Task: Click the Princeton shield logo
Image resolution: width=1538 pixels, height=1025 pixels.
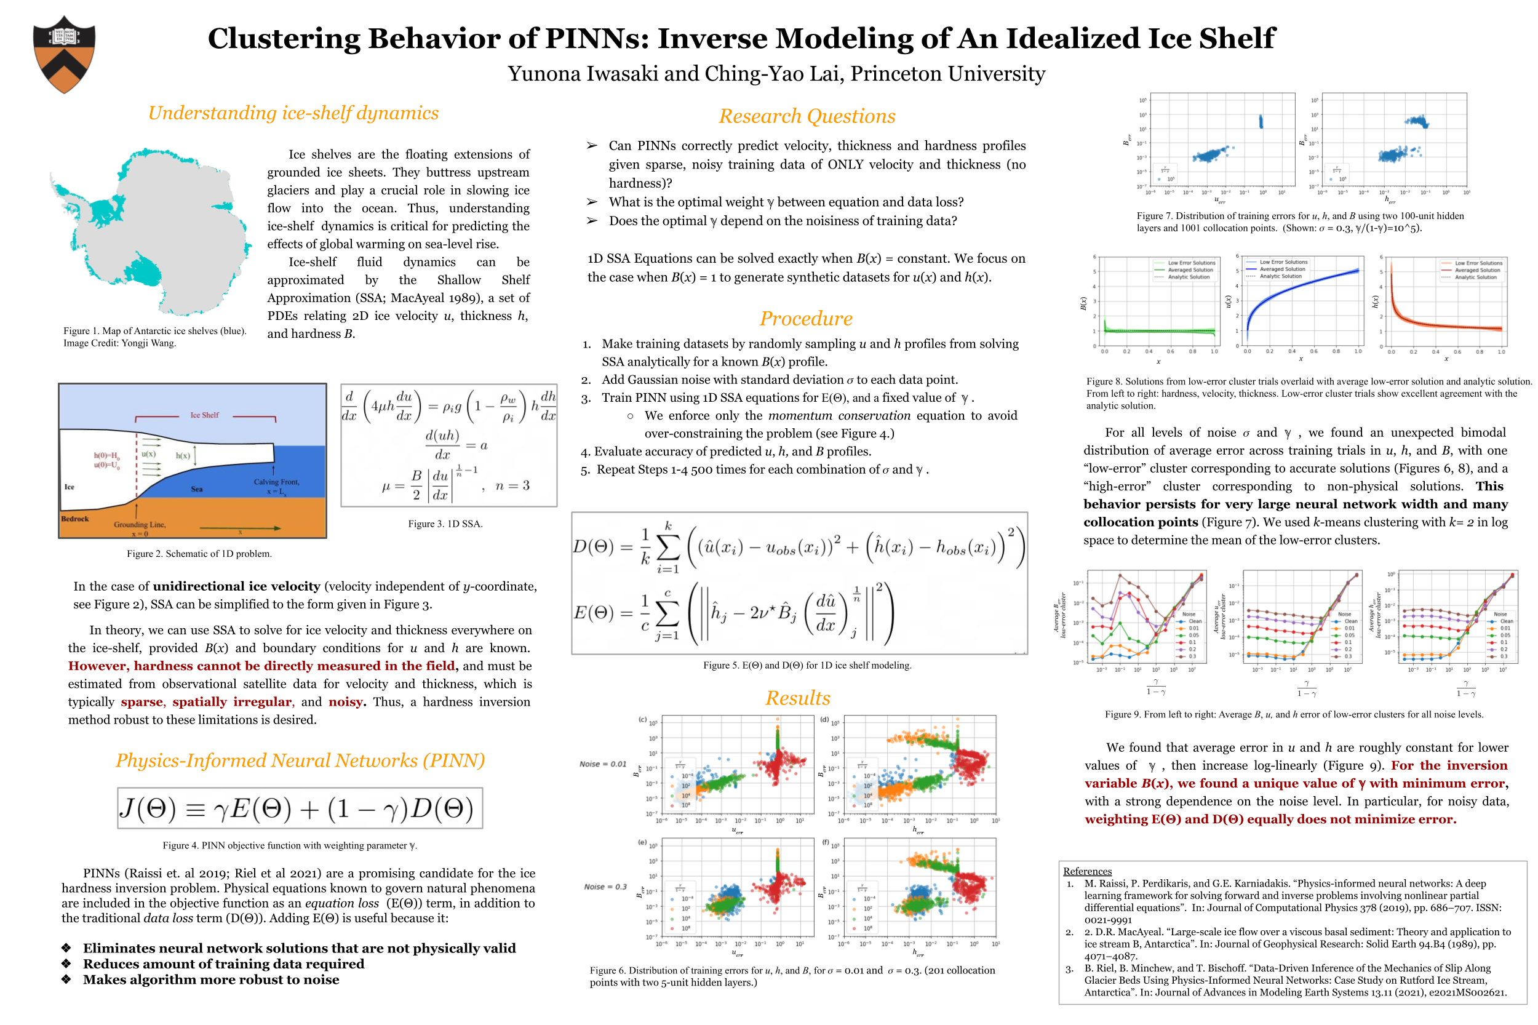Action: (64, 54)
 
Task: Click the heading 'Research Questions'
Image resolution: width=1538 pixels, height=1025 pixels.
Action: (807, 116)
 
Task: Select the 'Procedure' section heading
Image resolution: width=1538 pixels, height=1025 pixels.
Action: (805, 318)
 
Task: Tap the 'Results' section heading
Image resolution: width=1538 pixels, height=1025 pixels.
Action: (797, 698)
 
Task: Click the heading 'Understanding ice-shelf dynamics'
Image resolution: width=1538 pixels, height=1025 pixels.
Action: (293, 113)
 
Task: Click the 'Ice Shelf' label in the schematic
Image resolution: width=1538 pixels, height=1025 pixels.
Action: (205, 415)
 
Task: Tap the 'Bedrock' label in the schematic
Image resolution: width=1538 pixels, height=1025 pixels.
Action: (74, 519)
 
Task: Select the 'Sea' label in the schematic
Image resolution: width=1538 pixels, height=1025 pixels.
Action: (197, 489)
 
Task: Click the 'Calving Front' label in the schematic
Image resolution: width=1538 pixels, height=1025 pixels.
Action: (276, 482)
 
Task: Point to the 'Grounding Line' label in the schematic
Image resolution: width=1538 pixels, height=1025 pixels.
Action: (139, 524)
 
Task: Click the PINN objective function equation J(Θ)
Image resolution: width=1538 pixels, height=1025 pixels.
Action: (300, 808)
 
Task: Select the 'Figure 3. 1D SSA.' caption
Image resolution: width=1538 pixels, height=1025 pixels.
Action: (445, 524)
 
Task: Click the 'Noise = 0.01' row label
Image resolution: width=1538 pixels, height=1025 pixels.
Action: (602, 764)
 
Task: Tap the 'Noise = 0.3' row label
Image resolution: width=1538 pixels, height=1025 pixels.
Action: (605, 887)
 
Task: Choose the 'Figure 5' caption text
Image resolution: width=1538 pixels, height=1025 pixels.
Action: (807, 665)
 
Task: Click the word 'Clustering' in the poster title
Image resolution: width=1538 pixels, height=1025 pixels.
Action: (284, 39)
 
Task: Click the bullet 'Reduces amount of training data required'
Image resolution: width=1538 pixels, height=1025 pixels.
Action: (223, 963)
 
